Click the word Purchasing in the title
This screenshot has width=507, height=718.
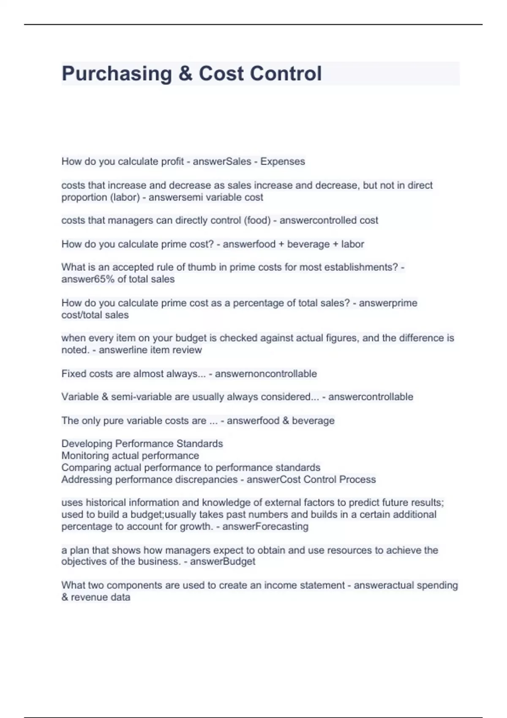coord(117,74)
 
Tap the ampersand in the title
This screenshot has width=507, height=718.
coord(185,74)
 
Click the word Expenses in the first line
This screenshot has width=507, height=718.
coord(282,161)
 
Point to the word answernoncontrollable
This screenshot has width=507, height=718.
coord(266,374)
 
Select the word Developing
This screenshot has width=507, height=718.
coord(87,444)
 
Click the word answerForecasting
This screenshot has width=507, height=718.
coord(265,527)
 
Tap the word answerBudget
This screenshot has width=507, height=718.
coord(223,562)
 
